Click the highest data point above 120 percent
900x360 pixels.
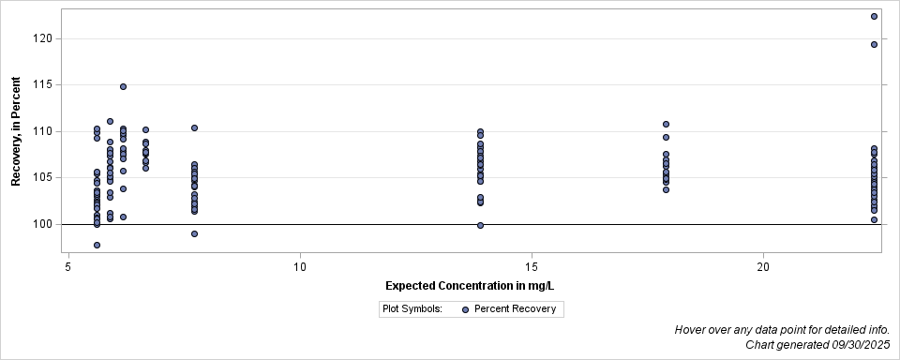(x=874, y=16)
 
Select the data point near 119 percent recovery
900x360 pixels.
(x=874, y=44)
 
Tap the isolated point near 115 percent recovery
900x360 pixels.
(x=123, y=86)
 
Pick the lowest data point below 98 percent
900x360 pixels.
(x=97, y=245)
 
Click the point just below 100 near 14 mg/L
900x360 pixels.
(x=480, y=225)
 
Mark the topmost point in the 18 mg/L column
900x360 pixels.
(x=666, y=124)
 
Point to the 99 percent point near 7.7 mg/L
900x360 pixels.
(x=194, y=233)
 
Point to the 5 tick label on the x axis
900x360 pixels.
(x=68, y=266)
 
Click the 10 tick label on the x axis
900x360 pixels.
(x=300, y=266)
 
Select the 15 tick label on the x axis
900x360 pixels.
(x=532, y=266)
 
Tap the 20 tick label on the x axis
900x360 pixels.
(x=763, y=266)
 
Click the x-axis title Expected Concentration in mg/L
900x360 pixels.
(x=475, y=285)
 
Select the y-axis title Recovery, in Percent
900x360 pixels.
(x=16, y=131)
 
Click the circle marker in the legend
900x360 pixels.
(x=465, y=308)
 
